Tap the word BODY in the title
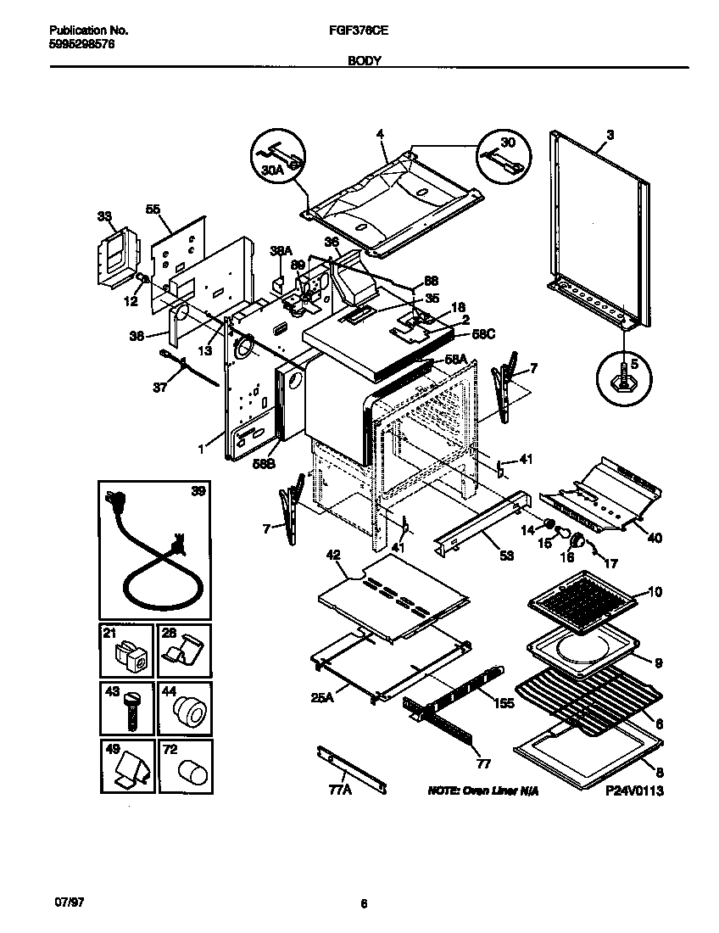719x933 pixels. coord(365,61)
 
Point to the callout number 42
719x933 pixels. coord(335,555)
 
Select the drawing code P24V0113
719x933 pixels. coord(633,791)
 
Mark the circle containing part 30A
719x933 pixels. coord(276,157)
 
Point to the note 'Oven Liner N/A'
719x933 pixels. coord(483,791)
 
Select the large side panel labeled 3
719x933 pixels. coord(602,229)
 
